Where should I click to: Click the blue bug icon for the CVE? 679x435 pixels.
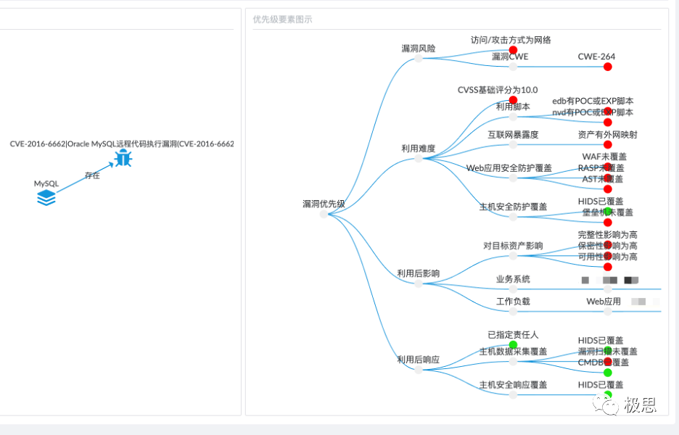coord(123,158)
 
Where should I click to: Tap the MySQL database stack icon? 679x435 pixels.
coord(46,197)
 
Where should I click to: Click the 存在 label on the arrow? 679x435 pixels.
coord(92,175)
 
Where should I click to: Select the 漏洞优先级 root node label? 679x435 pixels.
coord(324,204)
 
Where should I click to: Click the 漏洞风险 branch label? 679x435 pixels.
coord(419,49)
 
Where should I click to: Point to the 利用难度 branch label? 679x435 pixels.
coord(419,149)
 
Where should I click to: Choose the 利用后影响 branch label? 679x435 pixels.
coord(418,274)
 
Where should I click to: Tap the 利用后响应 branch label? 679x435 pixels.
coord(418,360)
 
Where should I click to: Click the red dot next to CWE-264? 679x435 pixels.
coord(608,67)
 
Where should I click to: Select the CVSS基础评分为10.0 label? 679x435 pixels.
coord(498,90)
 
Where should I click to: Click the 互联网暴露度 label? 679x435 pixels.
coord(513,134)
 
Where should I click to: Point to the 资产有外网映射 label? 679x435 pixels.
coord(608,134)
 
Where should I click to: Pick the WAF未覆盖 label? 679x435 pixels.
coord(604,156)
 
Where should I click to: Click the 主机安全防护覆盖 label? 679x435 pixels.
coord(513,207)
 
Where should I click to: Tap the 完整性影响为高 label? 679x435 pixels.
coord(608,235)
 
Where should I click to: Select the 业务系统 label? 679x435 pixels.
coord(513,279)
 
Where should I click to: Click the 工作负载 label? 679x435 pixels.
coord(513,301)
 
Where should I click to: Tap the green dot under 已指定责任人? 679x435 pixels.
coord(513,345)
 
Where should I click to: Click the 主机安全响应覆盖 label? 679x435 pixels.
coord(513,384)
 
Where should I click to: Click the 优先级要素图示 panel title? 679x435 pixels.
coord(283,20)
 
